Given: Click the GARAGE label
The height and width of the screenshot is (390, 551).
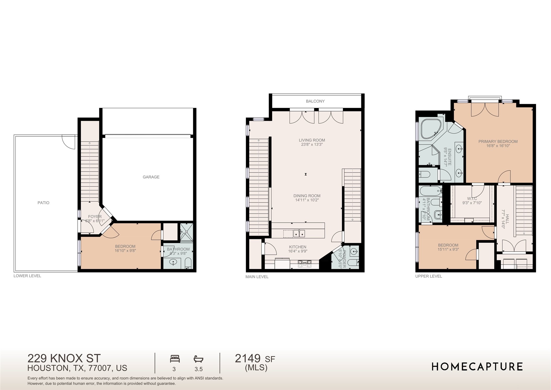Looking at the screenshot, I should coord(151,177).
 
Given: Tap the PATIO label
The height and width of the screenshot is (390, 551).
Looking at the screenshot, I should coord(43,203).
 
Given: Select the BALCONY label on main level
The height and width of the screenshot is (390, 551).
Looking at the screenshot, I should coord(315,101).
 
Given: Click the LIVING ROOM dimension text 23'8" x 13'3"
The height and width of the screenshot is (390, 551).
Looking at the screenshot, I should coord(312,144).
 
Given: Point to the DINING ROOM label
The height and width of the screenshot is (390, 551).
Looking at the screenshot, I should coord(307,196).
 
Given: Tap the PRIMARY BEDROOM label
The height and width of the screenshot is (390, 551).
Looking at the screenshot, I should coord(498,142).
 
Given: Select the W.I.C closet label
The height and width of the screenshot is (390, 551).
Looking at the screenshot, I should coord(472,199).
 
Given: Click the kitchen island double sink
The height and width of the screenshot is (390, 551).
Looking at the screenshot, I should coord(299,233).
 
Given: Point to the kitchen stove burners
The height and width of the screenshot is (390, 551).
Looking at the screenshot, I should coord(305,263).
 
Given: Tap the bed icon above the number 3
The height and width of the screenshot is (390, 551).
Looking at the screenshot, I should coord(175,359).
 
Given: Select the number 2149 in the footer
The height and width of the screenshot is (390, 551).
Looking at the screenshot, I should coord(248,359).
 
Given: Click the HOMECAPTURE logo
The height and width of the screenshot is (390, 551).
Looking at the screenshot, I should coord(477,367).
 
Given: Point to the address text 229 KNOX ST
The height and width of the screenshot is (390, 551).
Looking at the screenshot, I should coord(64,358).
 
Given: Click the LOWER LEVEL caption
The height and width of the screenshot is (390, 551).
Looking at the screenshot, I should coord(27,276).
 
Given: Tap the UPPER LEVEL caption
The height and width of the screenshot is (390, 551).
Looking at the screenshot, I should coord(428,276).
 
